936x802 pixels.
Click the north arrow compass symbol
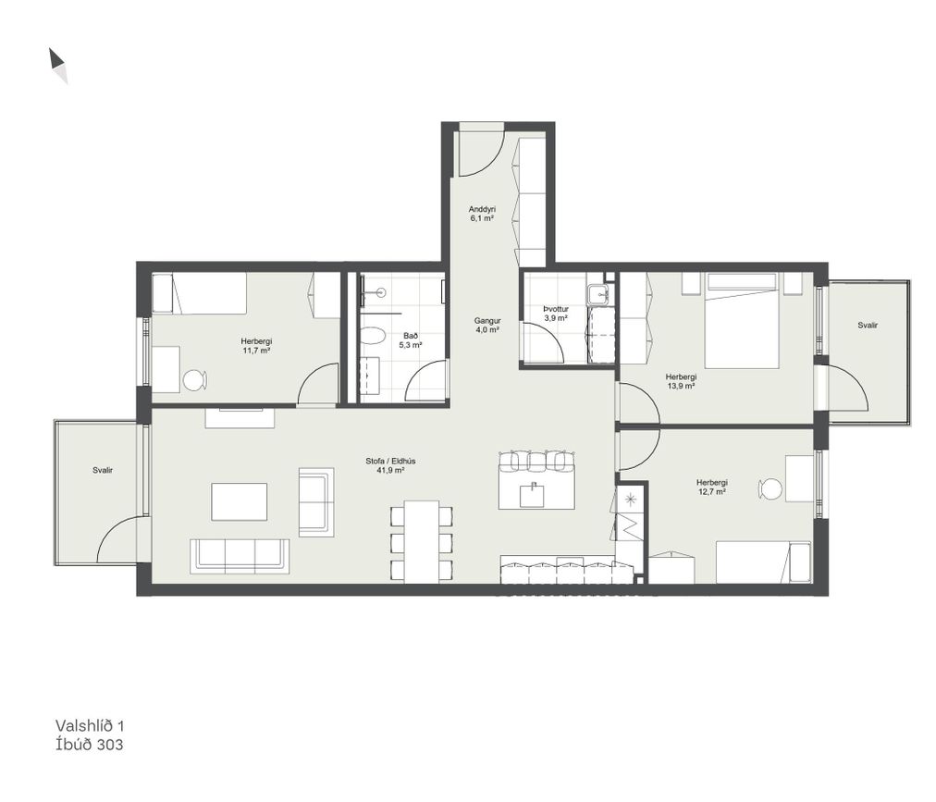click(x=58, y=65)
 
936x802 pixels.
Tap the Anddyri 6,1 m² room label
click(x=482, y=214)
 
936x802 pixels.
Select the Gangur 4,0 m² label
click(x=487, y=325)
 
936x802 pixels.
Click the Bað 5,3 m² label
click(x=410, y=340)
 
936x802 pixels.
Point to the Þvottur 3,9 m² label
click(x=555, y=314)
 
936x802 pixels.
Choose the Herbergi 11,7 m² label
click(x=256, y=346)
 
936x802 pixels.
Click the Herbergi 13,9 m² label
click(x=681, y=382)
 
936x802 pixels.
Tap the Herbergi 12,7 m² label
click(x=711, y=487)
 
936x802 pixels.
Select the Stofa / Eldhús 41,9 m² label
click(x=390, y=466)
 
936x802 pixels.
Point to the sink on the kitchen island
click(x=532, y=495)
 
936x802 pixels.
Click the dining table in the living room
click(x=422, y=542)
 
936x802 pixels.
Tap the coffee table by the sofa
click(x=239, y=501)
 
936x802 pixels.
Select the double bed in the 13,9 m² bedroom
click(x=742, y=320)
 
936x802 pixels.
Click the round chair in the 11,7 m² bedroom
click(x=194, y=380)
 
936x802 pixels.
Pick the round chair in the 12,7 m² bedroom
click(x=770, y=489)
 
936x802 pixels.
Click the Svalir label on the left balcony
click(x=103, y=471)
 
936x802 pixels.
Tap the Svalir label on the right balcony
click(x=868, y=326)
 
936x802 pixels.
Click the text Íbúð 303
click(x=89, y=744)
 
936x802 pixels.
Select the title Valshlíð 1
click(x=90, y=725)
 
